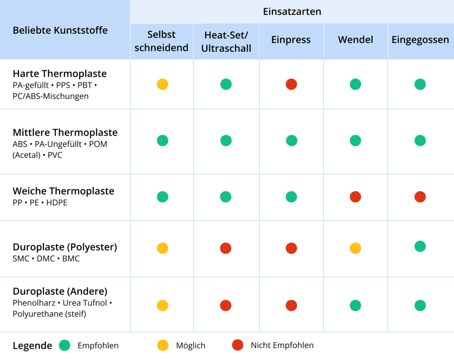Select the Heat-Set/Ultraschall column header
coord(226,42)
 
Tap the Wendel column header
coord(355,39)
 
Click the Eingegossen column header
coord(420,39)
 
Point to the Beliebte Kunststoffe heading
coord(60,30)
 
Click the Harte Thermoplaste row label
coord(60,74)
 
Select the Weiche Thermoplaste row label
coord(63,191)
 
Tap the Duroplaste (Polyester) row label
coord(65,247)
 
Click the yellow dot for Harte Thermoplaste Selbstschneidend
coord(163,84)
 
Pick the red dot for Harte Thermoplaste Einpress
coord(291,84)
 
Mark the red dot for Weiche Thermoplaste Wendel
coord(355,197)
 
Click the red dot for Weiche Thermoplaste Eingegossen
coord(420,197)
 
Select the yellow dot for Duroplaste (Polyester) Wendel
coord(355,248)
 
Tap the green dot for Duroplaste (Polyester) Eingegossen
coord(420,247)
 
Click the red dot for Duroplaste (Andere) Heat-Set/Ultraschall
coord(226,305)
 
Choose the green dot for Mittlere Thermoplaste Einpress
coord(291,141)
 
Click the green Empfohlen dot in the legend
coord(65,345)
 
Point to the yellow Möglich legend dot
coord(163,345)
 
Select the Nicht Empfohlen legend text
coord(282,345)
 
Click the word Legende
coord(32,346)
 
